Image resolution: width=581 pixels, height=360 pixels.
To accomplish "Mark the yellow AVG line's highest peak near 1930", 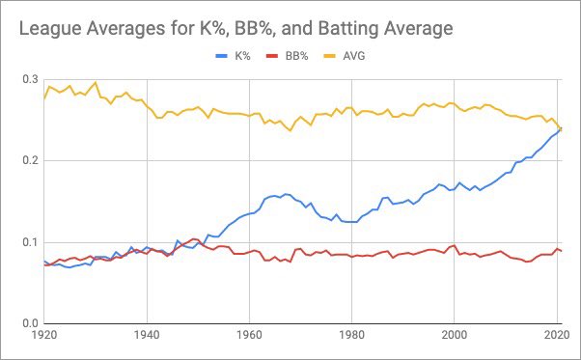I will pos(95,83).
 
